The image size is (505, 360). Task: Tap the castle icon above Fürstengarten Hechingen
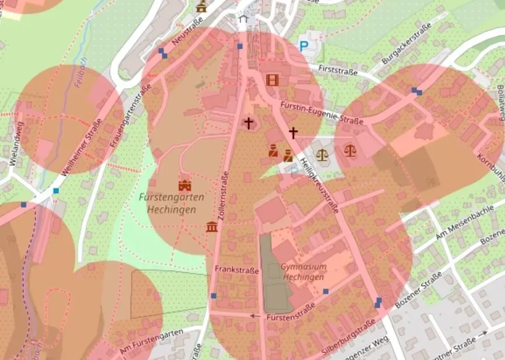[185, 184]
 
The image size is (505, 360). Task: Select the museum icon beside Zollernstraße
[212, 226]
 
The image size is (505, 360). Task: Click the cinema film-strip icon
[272, 79]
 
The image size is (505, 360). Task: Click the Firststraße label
[337, 69]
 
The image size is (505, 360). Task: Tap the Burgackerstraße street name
[406, 44]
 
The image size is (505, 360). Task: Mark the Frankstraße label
[236, 270]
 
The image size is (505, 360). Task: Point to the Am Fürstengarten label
[151, 340]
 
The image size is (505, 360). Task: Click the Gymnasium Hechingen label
[302, 272]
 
